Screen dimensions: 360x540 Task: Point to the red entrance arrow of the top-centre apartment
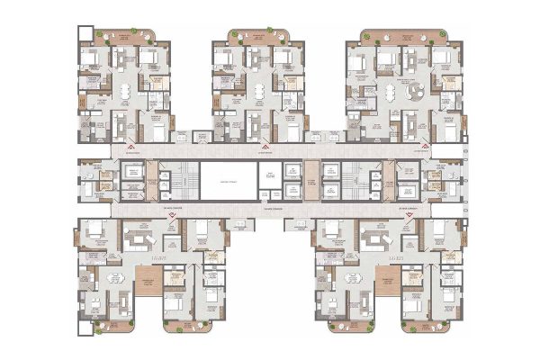tap(265, 146)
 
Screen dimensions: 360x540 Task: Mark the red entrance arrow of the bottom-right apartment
tap(411, 217)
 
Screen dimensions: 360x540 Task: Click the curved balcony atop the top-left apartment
tap(126, 37)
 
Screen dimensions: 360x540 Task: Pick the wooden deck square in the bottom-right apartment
tap(388, 282)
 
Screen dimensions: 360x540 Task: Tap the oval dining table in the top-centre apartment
tap(259, 92)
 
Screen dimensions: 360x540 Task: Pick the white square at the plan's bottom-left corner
tap(84, 330)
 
